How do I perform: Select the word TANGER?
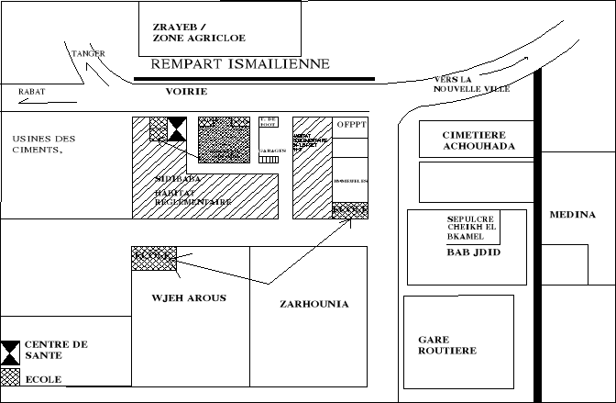tap(88, 54)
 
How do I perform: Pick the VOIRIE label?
tap(186, 93)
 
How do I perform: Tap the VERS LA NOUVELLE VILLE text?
tap(471, 84)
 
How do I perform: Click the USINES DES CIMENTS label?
tap(45, 144)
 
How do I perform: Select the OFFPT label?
tap(351, 124)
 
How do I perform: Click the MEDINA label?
tap(573, 215)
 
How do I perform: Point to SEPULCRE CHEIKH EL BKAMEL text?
tap(470, 228)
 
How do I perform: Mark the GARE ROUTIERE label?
tap(447, 345)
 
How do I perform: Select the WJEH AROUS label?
tap(189, 298)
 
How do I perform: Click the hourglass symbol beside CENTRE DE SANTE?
tap(10, 350)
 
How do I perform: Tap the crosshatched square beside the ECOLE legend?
tap(10, 376)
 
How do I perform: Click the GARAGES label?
tap(269, 149)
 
